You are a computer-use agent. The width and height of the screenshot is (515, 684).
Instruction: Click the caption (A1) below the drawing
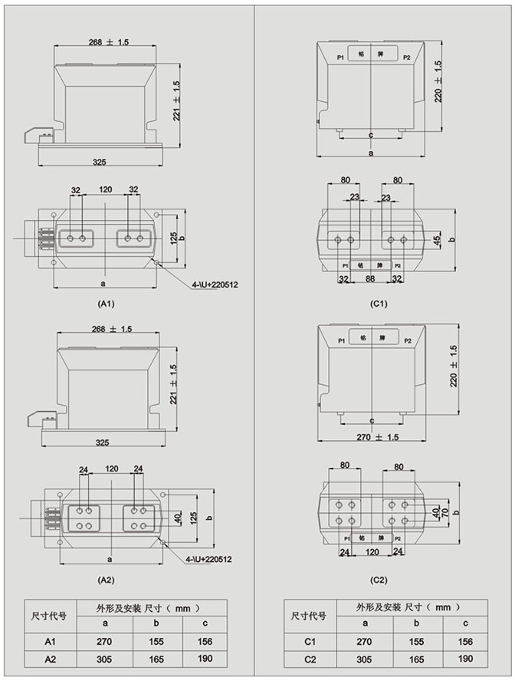[107, 304]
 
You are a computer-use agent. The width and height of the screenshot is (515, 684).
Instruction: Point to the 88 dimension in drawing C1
[369, 279]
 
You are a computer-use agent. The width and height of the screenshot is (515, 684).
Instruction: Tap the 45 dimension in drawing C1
[437, 241]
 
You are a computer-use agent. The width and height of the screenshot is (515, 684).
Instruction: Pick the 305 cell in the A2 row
[106, 659]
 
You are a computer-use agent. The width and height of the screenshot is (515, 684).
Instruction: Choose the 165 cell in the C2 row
[415, 659]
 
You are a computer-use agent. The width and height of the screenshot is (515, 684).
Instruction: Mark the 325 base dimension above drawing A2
[100, 443]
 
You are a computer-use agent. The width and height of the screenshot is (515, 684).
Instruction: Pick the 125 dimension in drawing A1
[173, 238]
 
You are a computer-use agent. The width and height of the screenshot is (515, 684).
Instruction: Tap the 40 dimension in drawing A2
[175, 520]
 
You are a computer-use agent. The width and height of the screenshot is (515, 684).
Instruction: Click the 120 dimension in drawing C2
[372, 551]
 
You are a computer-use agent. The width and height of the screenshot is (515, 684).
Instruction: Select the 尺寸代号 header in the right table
[310, 615]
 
